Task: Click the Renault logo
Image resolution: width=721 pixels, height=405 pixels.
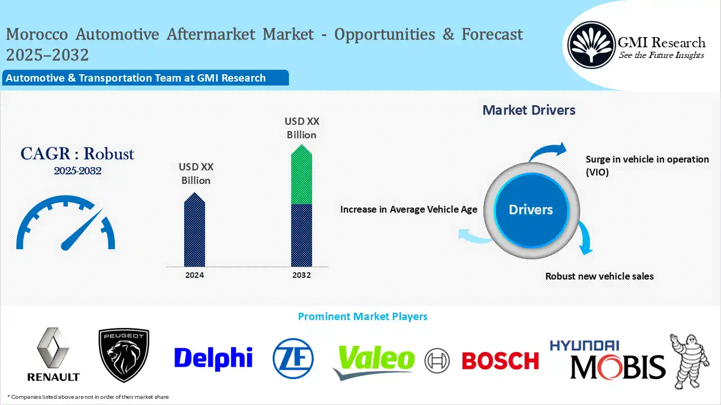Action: pyautogui.click(x=54, y=354)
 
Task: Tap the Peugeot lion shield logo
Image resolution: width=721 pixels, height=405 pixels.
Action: pyautogui.click(x=124, y=355)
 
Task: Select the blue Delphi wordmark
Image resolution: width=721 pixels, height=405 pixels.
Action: pyautogui.click(x=213, y=358)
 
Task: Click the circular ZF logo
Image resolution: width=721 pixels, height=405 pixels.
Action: pyautogui.click(x=293, y=358)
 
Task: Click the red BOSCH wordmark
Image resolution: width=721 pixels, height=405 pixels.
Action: pyautogui.click(x=500, y=361)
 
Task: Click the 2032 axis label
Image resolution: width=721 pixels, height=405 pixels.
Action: pyautogui.click(x=301, y=275)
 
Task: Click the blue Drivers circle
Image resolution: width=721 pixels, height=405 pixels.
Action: pyautogui.click(x=531, y=210)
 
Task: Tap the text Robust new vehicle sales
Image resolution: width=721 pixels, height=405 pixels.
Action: pyautogui.click(x=599, y=276)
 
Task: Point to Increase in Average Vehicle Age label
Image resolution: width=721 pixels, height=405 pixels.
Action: pyautogui.click(x=408, y=209)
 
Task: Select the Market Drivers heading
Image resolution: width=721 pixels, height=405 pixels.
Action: pyautogui.click(x=529, y=110)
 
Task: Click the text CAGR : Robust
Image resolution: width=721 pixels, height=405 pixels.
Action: pyautogui.click(x=77, y=154)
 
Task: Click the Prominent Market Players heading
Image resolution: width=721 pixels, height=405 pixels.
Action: pyautogui.click(x=362, y=317)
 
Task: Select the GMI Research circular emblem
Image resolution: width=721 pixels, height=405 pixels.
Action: pyautogui.click(x=591, y=44)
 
